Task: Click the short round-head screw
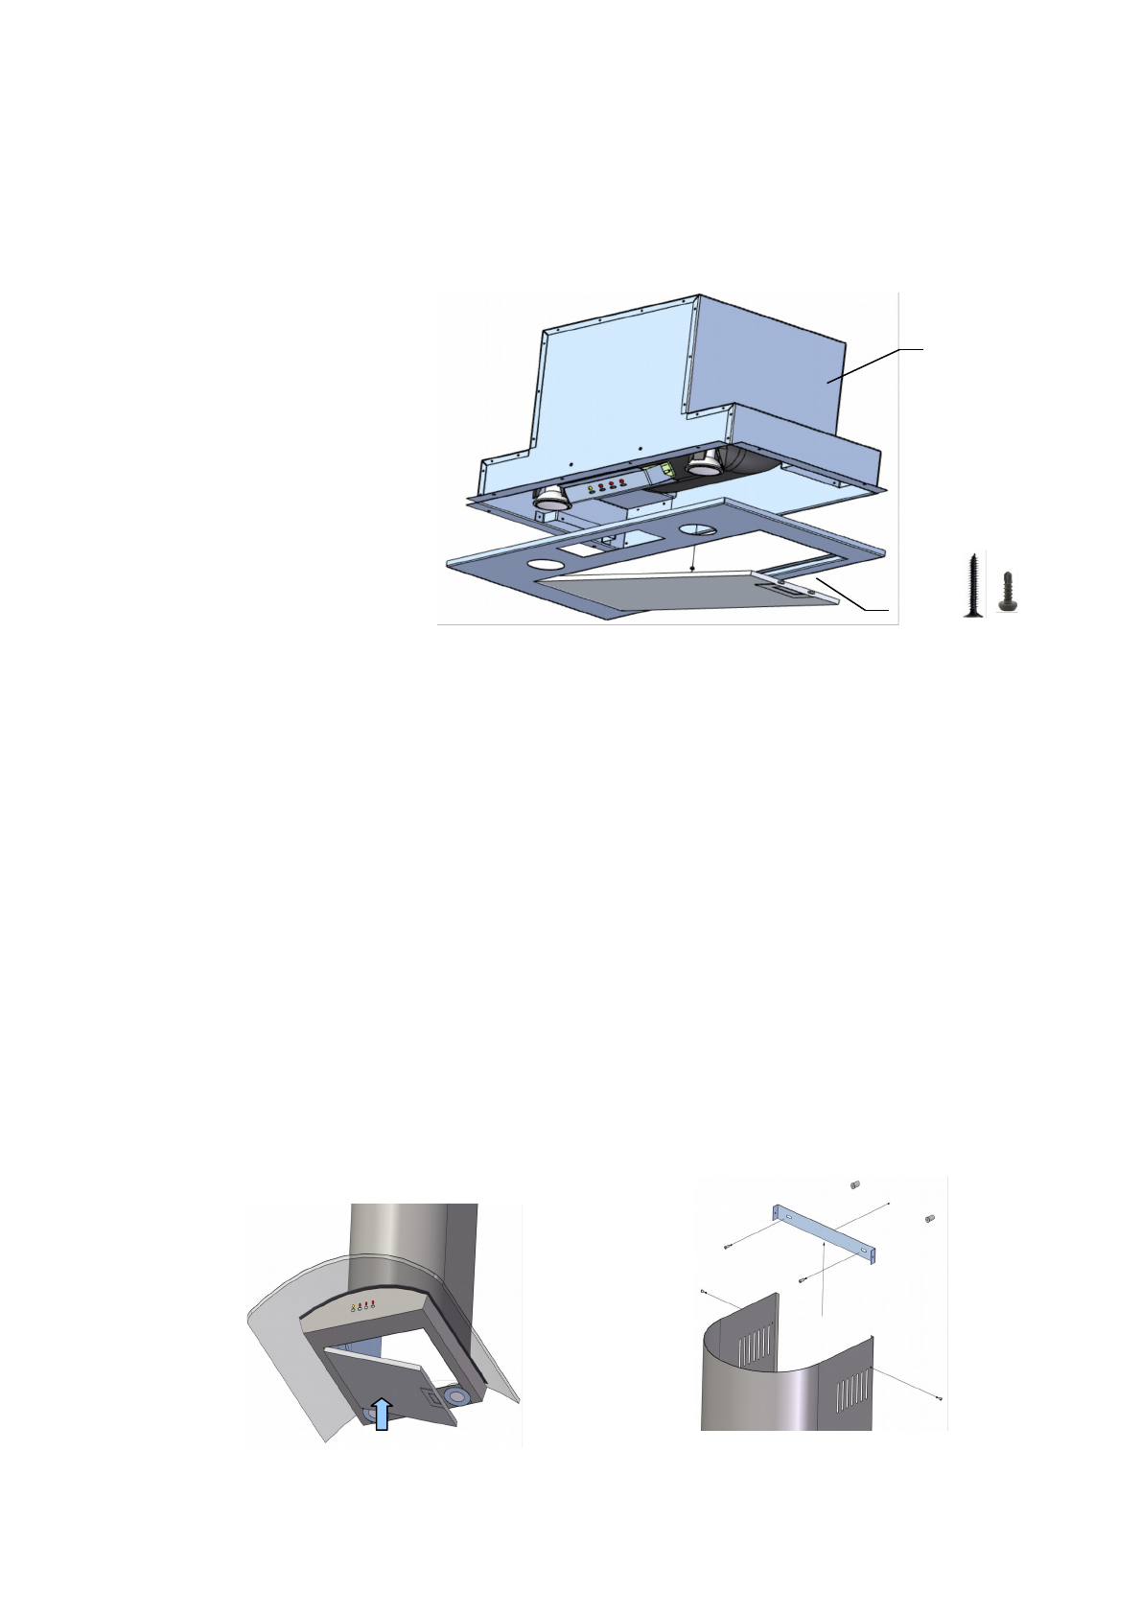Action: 1009,592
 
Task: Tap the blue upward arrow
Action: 382,1413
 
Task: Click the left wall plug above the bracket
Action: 855,1185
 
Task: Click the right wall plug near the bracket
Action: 928,1219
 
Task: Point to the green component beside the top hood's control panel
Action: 661,473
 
